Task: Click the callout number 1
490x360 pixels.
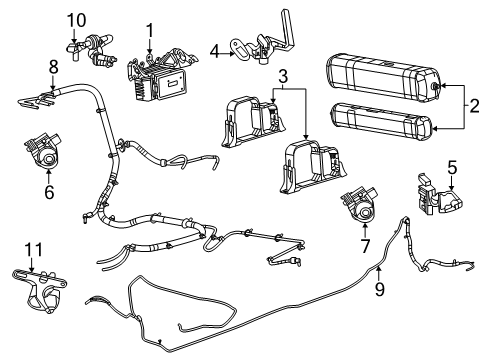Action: coord(150,30)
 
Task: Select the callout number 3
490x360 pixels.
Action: coord(285,76)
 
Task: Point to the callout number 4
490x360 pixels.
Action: coord(214,50)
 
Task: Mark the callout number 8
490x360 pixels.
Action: coord(52,68)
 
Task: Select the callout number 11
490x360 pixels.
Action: coord(32,248)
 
